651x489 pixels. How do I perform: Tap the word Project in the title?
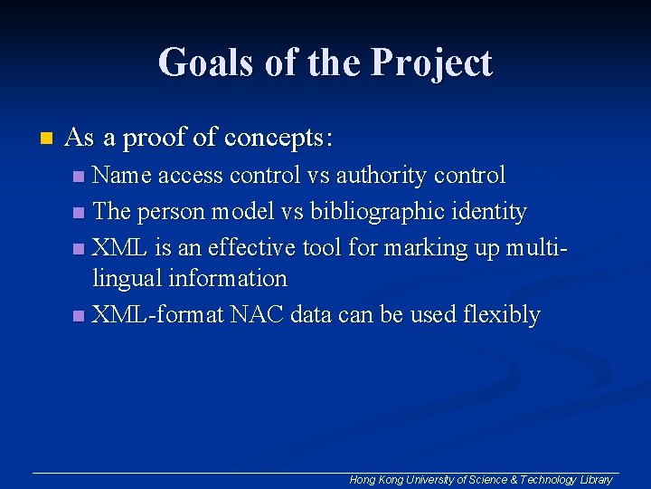(x=431, y=63)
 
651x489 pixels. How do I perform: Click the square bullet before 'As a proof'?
(x=46, y=139)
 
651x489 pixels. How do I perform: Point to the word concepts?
(x=278, y=139)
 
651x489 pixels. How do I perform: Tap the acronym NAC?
(x=258, y=315)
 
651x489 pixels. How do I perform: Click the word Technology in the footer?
(x=548, y=480)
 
